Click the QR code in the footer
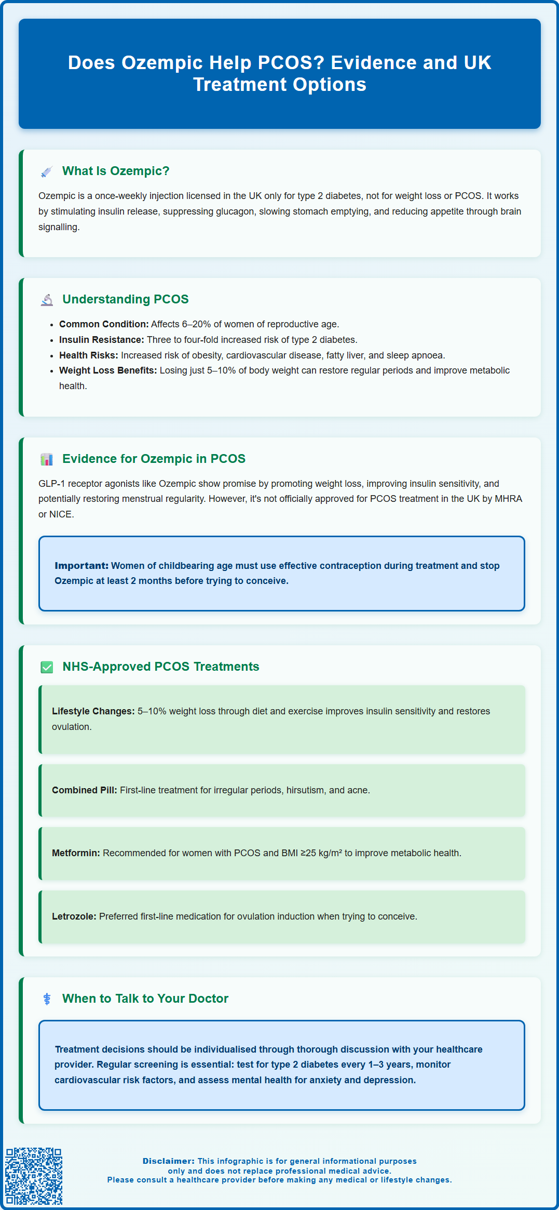[34, 1176]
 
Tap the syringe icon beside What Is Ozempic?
[47, 171]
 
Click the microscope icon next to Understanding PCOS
[47, 300]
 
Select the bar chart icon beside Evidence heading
[47, 459]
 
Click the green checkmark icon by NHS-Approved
[47, 667]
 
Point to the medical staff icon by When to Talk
[47, 999]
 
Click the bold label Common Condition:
[104, 324]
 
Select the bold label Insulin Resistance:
[101, 340]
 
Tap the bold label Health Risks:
[89, 355]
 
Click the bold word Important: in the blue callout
[81, 566]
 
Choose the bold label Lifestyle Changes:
[93, 711]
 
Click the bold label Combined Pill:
[85, 790]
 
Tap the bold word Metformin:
[76, 853]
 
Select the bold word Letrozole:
[74, 916]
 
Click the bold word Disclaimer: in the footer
[169, 1161]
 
